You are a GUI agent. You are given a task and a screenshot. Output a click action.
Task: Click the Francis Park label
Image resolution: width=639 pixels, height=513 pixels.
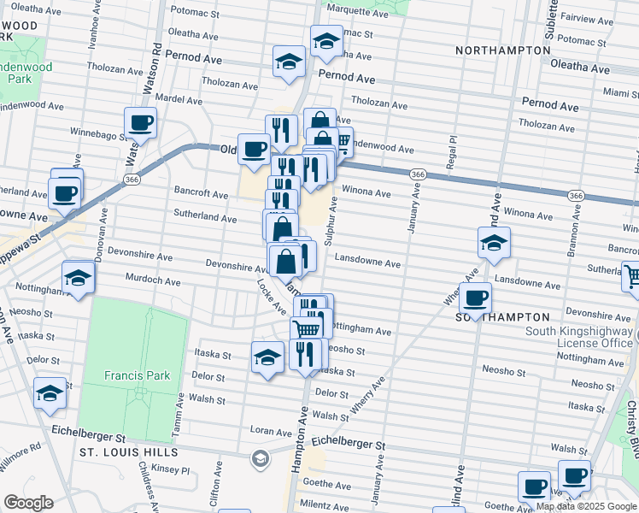137,375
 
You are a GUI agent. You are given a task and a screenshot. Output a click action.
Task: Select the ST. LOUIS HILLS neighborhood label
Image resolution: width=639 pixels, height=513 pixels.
128,451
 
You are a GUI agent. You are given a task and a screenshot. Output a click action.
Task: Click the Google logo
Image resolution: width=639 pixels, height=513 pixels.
28,503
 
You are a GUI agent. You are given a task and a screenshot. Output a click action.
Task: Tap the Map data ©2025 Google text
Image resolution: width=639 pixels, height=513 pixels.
585,506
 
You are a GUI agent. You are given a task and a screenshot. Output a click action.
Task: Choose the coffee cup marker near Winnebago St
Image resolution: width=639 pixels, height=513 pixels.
141,122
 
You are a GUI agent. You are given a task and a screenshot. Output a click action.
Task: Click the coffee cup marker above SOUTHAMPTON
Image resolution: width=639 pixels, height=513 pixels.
475,298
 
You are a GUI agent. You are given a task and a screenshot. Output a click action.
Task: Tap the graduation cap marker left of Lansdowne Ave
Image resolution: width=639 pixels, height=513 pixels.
494,243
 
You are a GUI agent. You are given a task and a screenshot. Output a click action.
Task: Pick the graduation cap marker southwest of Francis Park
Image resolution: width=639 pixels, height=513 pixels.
50,393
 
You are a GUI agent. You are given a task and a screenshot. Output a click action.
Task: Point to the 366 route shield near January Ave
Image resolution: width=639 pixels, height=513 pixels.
417,174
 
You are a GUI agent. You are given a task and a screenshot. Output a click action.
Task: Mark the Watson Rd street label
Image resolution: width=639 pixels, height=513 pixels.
155,60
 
